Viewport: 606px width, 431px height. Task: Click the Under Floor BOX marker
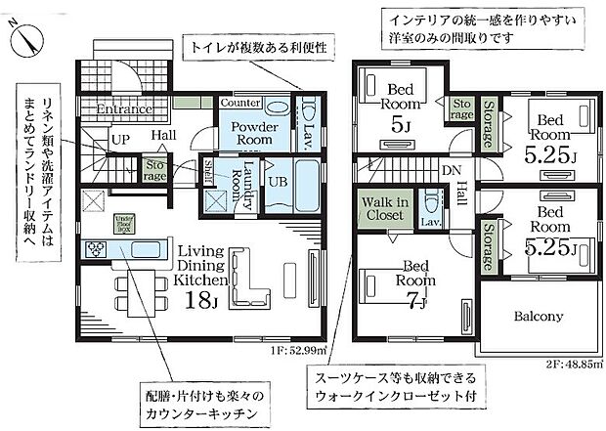pos(125,222)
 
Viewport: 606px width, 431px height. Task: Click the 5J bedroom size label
pos(398,123)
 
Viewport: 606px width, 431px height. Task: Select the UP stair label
pos(120,140)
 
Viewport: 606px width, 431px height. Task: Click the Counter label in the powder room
pos(239,103)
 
